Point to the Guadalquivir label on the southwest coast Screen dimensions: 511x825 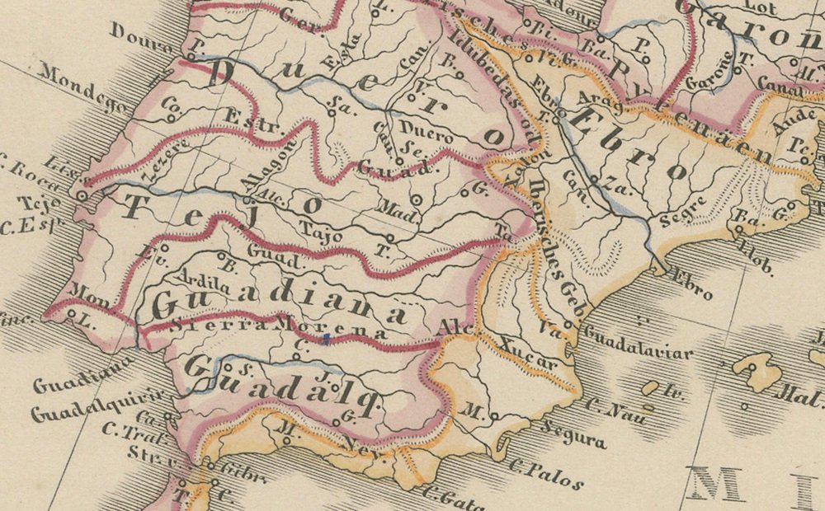tap(75, 411)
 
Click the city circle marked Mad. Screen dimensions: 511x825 tap(417, 199)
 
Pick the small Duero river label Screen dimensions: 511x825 tap(425, 130)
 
